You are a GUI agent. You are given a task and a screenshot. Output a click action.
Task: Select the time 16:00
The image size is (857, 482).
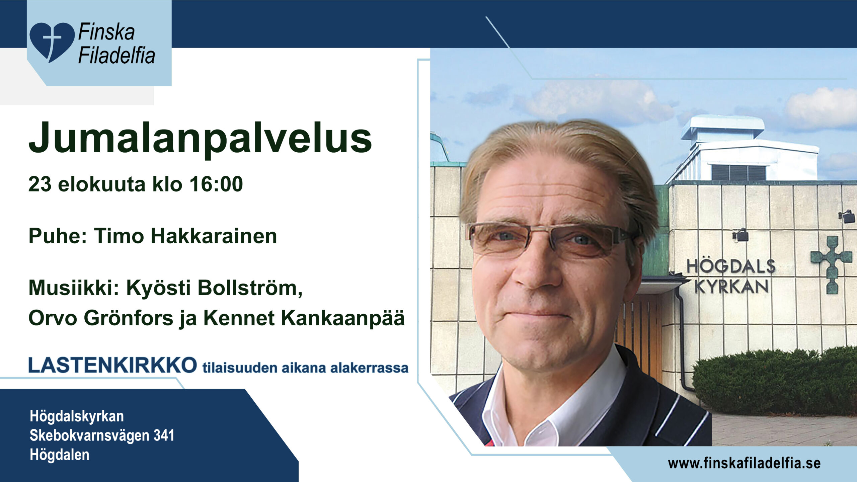216,184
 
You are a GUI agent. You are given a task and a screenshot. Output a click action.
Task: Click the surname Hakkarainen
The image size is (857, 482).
214,236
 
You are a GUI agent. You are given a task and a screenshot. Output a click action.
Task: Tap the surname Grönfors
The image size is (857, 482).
129,318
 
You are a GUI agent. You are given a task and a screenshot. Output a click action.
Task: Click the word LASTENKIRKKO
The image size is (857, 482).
113,365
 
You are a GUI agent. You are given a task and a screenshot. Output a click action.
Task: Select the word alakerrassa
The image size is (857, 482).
369,368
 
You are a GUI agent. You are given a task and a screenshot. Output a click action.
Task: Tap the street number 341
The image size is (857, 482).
164,435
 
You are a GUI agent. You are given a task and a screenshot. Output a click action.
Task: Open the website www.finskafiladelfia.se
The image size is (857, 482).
744,464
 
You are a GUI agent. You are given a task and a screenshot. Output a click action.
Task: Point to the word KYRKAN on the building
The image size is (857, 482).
731,287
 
